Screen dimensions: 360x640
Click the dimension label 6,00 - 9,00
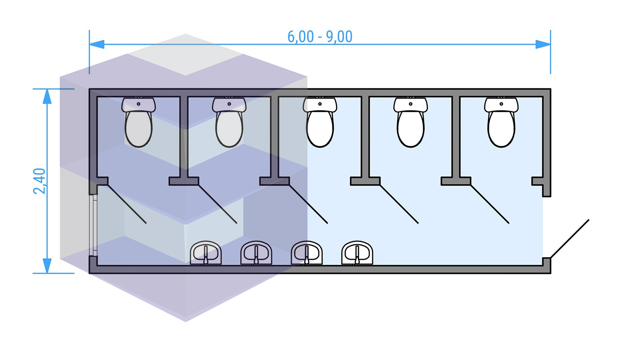pyautogui.click(x=320, y=37)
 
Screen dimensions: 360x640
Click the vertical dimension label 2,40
pyautogui.click(x=40, y=181)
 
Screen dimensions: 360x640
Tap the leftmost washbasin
pyautogui.click(x=206, y=253)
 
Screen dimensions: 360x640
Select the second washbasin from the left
pyautogui.click(x=256, y=253)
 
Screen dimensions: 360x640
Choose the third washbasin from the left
pyautogui.click(x=307, y=253)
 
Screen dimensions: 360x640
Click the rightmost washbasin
pyautogui.click(x=357, y=253)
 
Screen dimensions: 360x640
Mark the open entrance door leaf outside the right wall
pyautogui.click(x=570, y=239)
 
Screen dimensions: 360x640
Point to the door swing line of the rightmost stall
pyautogui.click(x=490, y=204)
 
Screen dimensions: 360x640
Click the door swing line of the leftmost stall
pyautogui.click(x=127, y=204)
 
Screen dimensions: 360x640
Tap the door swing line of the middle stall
pyautogui.click(x=308, y=204)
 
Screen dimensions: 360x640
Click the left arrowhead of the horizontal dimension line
pyautogui.click(x=96, y=44)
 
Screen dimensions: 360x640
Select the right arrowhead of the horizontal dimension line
pyautogui.click(x=543, y=44)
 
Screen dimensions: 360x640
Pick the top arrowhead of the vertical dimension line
pyautogui.click(x=47, y=96)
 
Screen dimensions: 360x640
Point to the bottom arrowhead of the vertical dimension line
pyautogui.click(x=47, y=266)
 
